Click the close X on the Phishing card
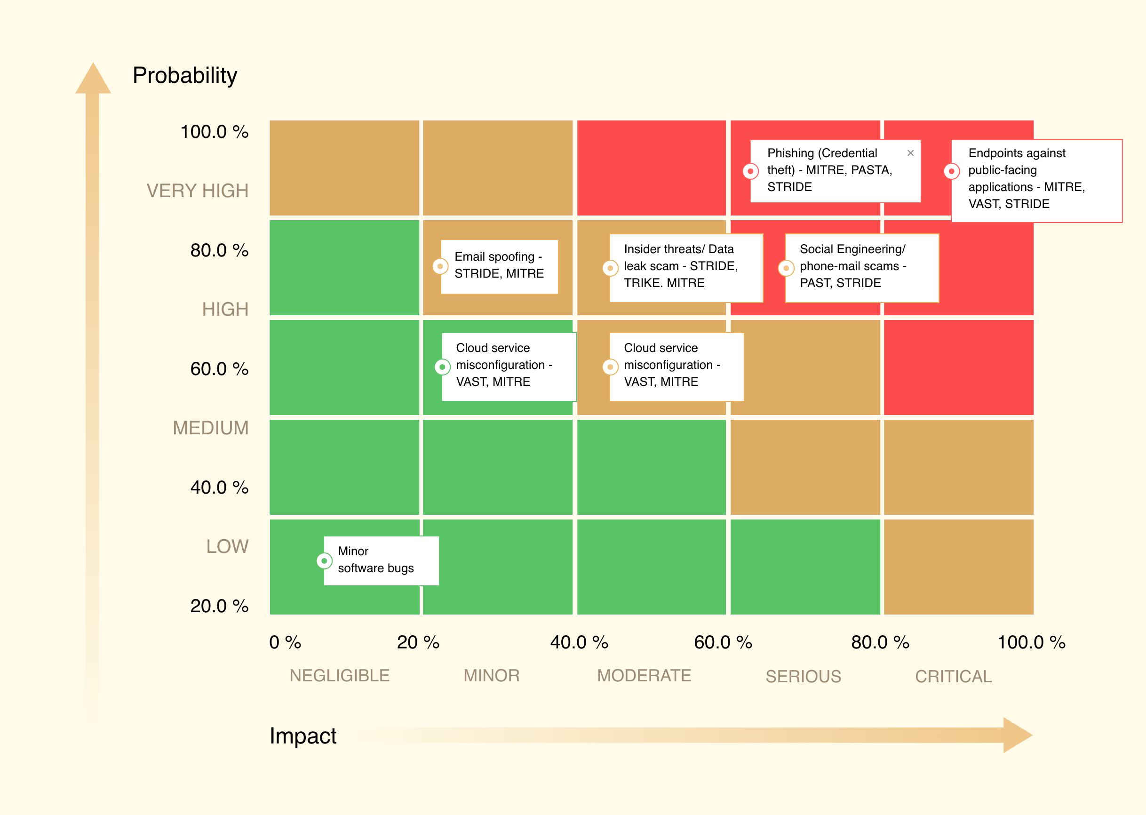[910, 153]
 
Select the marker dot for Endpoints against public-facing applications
[951, 171]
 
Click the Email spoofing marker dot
[440, 266]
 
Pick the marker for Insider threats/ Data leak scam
[610, 268]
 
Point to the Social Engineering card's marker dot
[786, 268]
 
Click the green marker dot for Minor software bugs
[324, 560]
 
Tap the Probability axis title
[184, 75]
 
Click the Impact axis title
[302, 735]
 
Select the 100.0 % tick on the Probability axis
[214, 131]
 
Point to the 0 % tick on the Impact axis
[285, 642]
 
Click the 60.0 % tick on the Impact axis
[723, 642]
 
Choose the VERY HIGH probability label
[197, 191]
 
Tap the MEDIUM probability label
[210, 428]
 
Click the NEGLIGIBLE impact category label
[339, 676]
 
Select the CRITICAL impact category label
[953, 676]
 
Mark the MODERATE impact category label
[644, 676]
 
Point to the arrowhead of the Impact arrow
[1016, 735]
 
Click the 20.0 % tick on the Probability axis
[219, 606]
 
